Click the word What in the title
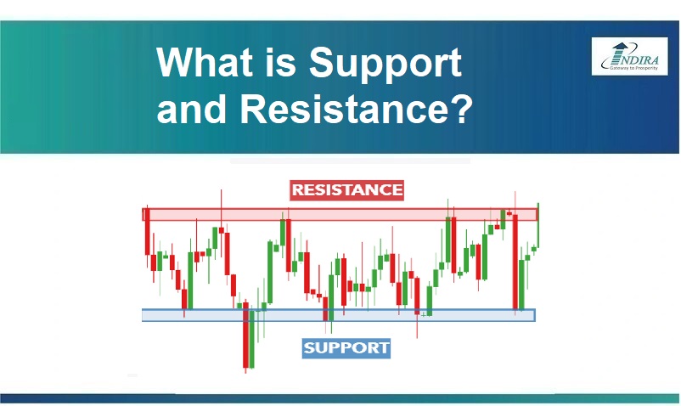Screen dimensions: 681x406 [x=205, y=63]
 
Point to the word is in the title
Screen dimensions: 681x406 [x=280, y=63]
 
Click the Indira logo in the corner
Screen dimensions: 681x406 [x=629, y=56]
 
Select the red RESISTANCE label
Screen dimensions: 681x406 [x=347, y=190]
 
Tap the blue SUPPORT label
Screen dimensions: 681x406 [x=346, y=348]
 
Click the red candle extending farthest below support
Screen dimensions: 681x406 [x=245, y=336]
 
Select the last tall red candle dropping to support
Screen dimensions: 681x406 [x=515, y=261]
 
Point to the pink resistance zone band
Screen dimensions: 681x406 [x=340, y=215]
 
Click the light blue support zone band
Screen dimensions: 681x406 [x=339, y=315]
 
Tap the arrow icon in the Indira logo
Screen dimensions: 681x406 [x=619, y=53]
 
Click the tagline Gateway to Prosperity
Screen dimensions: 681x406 [x=633, y=68]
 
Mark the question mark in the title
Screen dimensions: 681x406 [x=463, y=109]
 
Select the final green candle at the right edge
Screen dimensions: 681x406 [x=538, y=226]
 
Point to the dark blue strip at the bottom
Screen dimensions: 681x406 [x=340, y=398]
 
